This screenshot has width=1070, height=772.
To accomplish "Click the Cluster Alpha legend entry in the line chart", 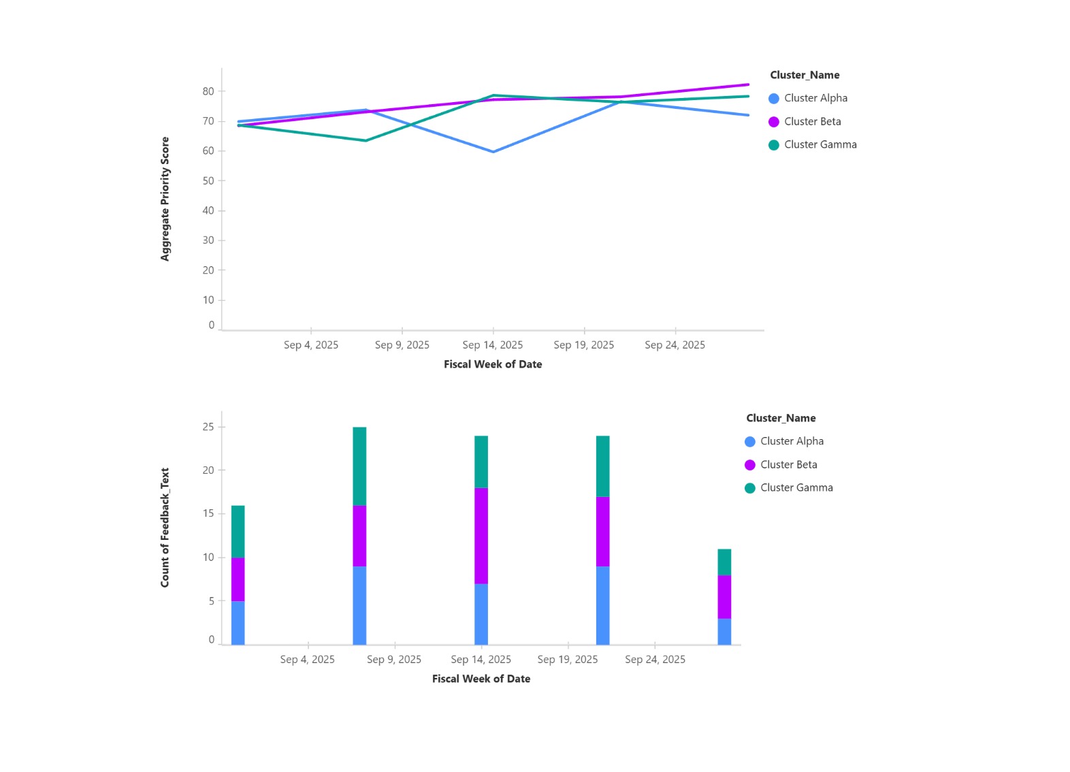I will (815, 98).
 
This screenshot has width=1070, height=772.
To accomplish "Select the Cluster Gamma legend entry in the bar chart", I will (796, 487).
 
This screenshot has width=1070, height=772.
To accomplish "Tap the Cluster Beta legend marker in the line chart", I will (774, 122).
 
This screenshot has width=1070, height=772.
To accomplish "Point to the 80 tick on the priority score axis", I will (208, 91).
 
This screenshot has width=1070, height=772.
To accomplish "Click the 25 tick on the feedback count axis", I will (208, 427).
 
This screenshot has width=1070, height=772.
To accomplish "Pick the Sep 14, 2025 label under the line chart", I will (493, 345).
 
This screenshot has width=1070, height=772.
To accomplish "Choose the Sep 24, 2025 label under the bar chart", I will (655, 659).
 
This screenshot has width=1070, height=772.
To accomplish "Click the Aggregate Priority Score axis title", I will (165, 199).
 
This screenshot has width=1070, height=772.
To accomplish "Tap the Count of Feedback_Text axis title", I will (165, 528).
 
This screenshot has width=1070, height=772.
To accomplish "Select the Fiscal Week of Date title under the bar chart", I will (481, 679).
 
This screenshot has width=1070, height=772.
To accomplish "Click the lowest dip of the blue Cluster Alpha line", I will (493, 152).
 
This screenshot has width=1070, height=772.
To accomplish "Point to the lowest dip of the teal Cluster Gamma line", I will (366, 141).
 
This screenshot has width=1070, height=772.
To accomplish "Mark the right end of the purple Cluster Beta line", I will (748, 84).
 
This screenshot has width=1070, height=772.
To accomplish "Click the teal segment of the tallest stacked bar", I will (359, 466).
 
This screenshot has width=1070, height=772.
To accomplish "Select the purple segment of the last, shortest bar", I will (724, 597).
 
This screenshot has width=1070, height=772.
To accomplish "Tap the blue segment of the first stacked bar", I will (238, 622).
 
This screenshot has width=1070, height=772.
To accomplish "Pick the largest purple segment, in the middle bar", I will (481, 536).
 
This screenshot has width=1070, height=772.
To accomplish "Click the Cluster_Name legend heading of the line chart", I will (805, 75).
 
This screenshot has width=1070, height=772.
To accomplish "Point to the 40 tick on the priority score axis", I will (208, 210).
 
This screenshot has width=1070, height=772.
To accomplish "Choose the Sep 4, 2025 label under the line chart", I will (311, 345).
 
